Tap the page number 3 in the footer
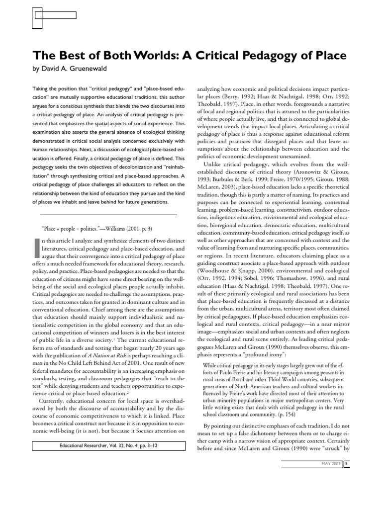pos(346,464)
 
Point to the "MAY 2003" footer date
pos(330,464)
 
